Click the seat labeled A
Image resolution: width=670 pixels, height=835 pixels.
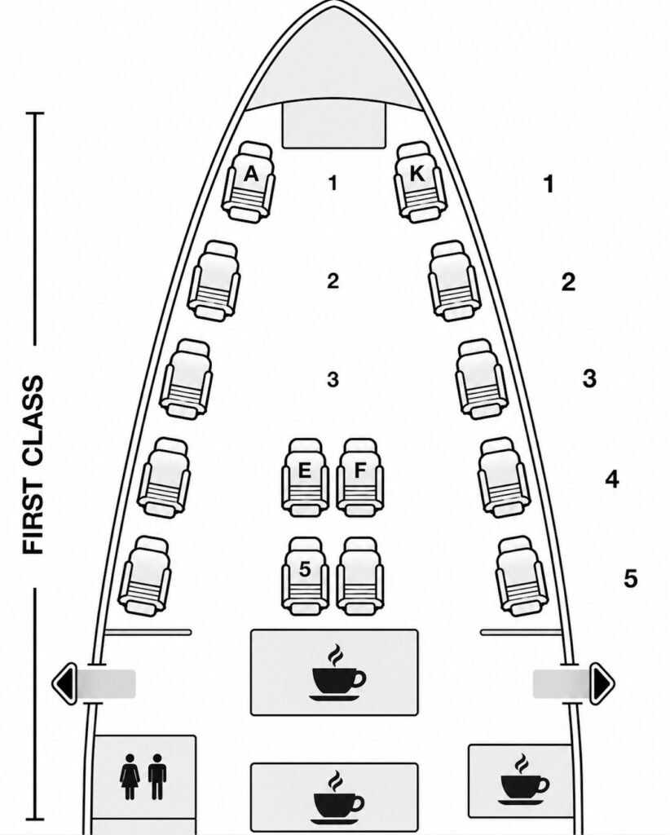tap(249, 181)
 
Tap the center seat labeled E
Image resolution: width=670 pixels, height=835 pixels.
tap(305, 477)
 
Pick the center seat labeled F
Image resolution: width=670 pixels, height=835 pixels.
tap(360, 477)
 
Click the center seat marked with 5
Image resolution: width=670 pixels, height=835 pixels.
tap(305, 576)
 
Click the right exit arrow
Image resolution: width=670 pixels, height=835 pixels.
tap(602, 683)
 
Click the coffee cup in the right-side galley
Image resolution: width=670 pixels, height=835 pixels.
tap(523, 780)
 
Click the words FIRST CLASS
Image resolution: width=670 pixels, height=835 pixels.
tap(33, 465)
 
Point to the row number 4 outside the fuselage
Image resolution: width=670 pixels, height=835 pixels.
tap(612, 479)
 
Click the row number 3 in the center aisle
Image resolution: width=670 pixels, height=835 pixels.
tap(333, 380)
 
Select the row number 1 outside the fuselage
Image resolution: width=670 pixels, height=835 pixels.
tap(549, 184)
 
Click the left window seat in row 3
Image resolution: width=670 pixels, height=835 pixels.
tap(187, 378)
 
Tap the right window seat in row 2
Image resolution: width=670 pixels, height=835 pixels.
tap(454, 281)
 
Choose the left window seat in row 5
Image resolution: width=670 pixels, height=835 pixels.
tap(145, 577)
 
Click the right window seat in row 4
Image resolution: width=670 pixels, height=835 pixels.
tap(504, 477)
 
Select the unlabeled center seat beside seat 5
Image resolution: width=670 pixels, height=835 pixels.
tap(360, 576)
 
